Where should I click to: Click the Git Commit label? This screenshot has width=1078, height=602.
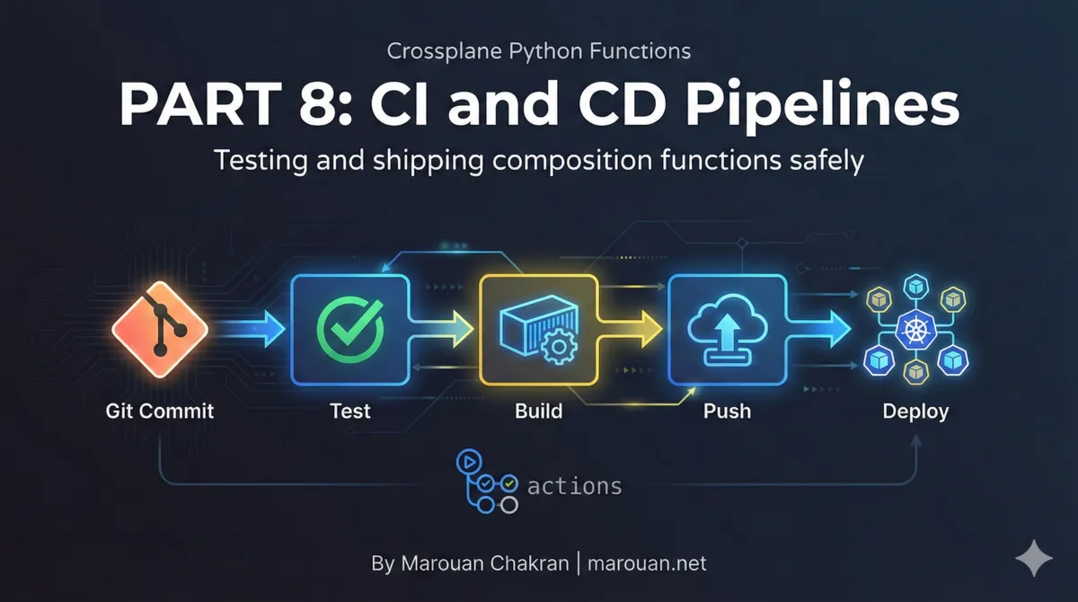[160, 412]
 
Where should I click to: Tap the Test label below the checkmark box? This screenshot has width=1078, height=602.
[349, 412]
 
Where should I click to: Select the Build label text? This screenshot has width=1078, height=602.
[538, 412]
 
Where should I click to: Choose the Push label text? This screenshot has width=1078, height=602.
[727, 412]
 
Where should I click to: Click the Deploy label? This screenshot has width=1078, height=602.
[915, 412]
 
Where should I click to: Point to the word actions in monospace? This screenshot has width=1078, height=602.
[575, 486]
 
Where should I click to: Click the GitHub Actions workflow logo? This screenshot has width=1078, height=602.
[487, 482]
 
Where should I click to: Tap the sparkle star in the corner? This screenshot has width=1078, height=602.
[1033, 558]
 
